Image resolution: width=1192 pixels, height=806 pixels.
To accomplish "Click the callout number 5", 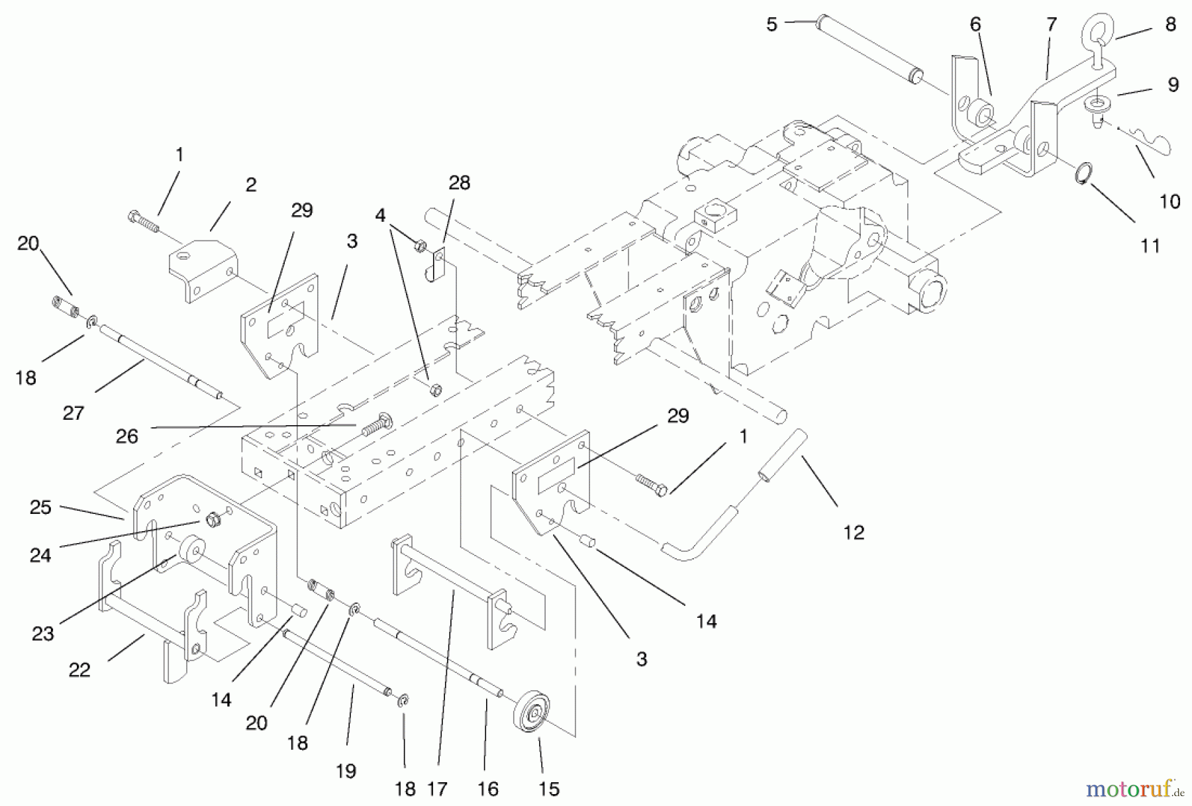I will pos(771,25).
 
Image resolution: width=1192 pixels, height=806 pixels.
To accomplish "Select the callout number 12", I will pos(854,532).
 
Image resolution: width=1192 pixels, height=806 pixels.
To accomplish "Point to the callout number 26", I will pos(126,436).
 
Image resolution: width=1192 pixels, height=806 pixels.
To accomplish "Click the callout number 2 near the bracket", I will pos(250,185).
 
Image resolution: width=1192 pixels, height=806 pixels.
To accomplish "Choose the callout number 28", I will pos(459,183).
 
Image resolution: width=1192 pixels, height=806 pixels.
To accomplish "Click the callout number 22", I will pos(79,670).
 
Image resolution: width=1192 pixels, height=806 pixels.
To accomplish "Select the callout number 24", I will pos(40,555).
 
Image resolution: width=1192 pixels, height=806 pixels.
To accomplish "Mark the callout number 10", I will pos(1169,201).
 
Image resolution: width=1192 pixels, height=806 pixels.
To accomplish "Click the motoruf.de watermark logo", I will pos(1134,789).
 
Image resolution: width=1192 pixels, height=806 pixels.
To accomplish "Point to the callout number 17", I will pos(437,789).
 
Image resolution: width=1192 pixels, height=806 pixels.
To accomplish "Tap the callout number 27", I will pos(73,413).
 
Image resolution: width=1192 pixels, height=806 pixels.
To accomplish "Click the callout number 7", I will pos(1052,25).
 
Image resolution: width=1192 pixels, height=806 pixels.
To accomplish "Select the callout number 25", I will pos(40,507).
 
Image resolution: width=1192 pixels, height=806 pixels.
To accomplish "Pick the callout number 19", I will pos(346,771).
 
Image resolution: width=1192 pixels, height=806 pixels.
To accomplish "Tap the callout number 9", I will pos(1173,85).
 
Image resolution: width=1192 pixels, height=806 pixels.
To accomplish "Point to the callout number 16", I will pos(487,789).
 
